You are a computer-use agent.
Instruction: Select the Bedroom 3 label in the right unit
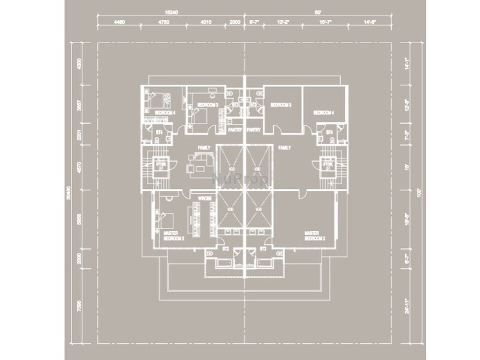(x=280, y=104)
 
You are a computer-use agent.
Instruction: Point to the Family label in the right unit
(x=284, y=146)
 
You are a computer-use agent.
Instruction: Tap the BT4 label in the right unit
(x=329, y=132)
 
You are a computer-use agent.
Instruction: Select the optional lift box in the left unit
(x=160, y=165)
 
